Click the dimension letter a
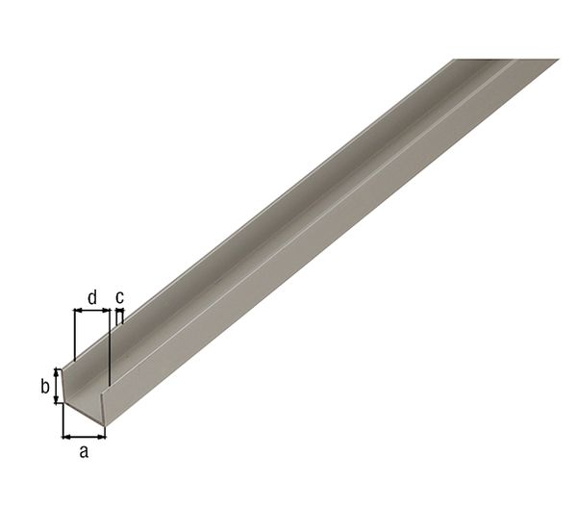pos(84,451)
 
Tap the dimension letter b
pos(44,387)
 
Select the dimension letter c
pos(119,297)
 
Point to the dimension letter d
pos(92,297)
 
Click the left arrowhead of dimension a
pos(66,436)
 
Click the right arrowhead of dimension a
pos(102,436)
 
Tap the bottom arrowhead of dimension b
pos(57,400)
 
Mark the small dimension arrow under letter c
pos(119,311)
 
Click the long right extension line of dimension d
pos(111,346)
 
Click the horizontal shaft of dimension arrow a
pos(85,436)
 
